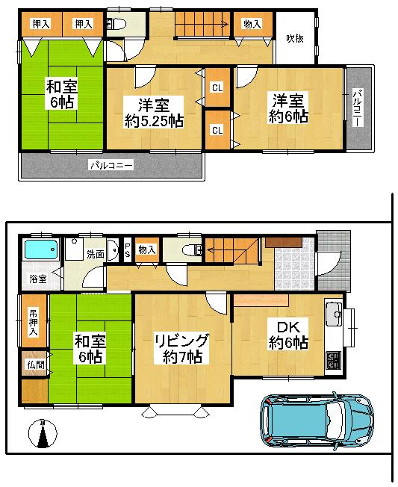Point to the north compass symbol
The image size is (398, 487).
[43, 435]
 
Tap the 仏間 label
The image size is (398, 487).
[34, 365]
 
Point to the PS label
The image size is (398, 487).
[127, 250]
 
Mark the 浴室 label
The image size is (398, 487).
[37, 279]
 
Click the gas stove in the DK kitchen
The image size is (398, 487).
[332, 362]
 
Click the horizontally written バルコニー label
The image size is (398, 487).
[111, 164]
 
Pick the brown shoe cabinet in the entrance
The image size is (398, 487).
[283, 242]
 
